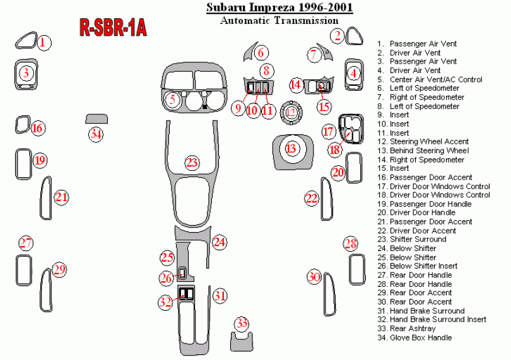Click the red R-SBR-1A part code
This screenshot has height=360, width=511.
[x=113, y=27]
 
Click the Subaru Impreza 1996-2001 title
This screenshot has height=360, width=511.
[x=279, y=8]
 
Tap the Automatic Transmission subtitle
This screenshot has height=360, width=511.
[x=279, y=20]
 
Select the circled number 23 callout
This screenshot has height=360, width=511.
[x=192, y=163]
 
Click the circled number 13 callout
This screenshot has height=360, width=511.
[x=291, y=148]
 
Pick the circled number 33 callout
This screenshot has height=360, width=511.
[x=242, y=324]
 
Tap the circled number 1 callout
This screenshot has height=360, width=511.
[x=43, y=43]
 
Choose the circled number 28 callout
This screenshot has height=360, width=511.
[x=351, y=245]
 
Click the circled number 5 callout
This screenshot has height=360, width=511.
[x=172, y=99]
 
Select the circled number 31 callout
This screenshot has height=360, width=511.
[x=219, y=295]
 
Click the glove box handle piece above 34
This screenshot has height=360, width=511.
[x=97, y=119]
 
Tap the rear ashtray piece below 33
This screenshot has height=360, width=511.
[x=241, y=342]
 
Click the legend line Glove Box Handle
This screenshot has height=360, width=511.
[x=420, y=337]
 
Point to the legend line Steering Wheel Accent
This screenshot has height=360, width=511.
[x=429, y=142]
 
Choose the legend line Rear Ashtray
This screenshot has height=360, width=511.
[x=413, y=328]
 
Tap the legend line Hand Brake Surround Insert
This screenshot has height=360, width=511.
[x=438, y=320]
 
